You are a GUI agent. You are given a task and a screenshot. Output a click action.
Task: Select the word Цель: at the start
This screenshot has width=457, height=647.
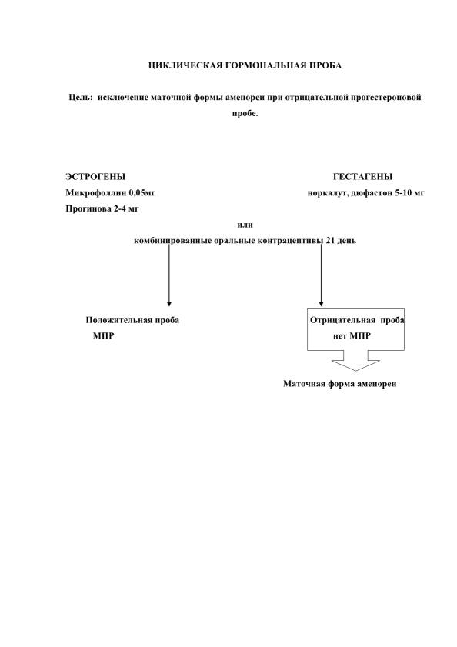tap(81, 98)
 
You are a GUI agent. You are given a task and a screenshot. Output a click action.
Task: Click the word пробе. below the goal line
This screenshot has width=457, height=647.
tap(245, 113)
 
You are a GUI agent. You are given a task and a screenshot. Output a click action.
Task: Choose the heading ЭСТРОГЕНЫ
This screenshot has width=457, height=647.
tap(95, 177)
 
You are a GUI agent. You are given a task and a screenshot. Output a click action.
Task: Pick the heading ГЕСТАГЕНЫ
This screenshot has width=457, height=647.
tap(363, 177)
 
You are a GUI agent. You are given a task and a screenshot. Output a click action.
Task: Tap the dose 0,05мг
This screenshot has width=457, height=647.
tap(142, 192)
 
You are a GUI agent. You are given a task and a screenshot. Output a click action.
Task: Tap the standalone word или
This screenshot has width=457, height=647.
tap(245, 225)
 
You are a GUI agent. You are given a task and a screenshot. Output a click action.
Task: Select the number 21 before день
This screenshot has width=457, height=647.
tap(330, 241)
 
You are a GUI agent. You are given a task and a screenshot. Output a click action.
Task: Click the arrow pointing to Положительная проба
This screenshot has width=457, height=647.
tap(168, 275)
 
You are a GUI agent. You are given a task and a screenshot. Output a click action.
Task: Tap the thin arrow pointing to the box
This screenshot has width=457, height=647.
tap(321, 275)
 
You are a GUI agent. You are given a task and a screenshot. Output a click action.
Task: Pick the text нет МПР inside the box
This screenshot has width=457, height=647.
tap(352, 336)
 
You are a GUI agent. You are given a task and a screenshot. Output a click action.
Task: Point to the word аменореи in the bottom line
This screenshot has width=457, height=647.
tap(376, 384)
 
